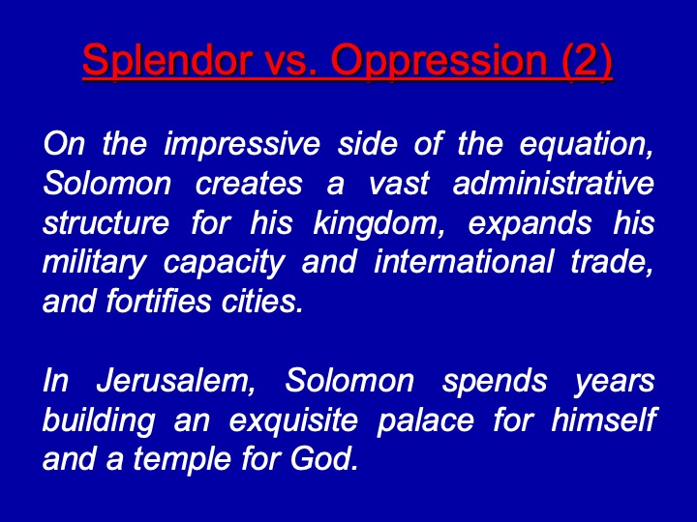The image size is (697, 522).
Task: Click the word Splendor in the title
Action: [167, 61]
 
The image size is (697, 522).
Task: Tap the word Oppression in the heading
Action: [439, 61]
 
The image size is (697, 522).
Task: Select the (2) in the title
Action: [587, 61]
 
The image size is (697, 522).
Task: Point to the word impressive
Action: [242, 144]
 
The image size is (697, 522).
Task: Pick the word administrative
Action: [554, 184]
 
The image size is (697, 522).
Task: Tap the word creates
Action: [249, 185]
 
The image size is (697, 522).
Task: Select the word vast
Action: [399, 185]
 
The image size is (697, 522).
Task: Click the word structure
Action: [106, 223]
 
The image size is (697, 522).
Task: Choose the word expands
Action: [530, 224]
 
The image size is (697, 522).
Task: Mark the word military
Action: [94, 263]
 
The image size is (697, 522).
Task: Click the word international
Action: [464, 262]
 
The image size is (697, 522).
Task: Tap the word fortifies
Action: [158, 302]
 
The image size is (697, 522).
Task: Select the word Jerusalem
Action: [176, 381]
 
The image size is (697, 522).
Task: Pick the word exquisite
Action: [293, 420]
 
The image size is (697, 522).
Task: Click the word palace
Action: [425, 420]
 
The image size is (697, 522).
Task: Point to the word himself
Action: [604, 420]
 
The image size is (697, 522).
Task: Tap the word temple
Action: [182, 459]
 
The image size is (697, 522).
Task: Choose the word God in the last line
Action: [324, 459]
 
